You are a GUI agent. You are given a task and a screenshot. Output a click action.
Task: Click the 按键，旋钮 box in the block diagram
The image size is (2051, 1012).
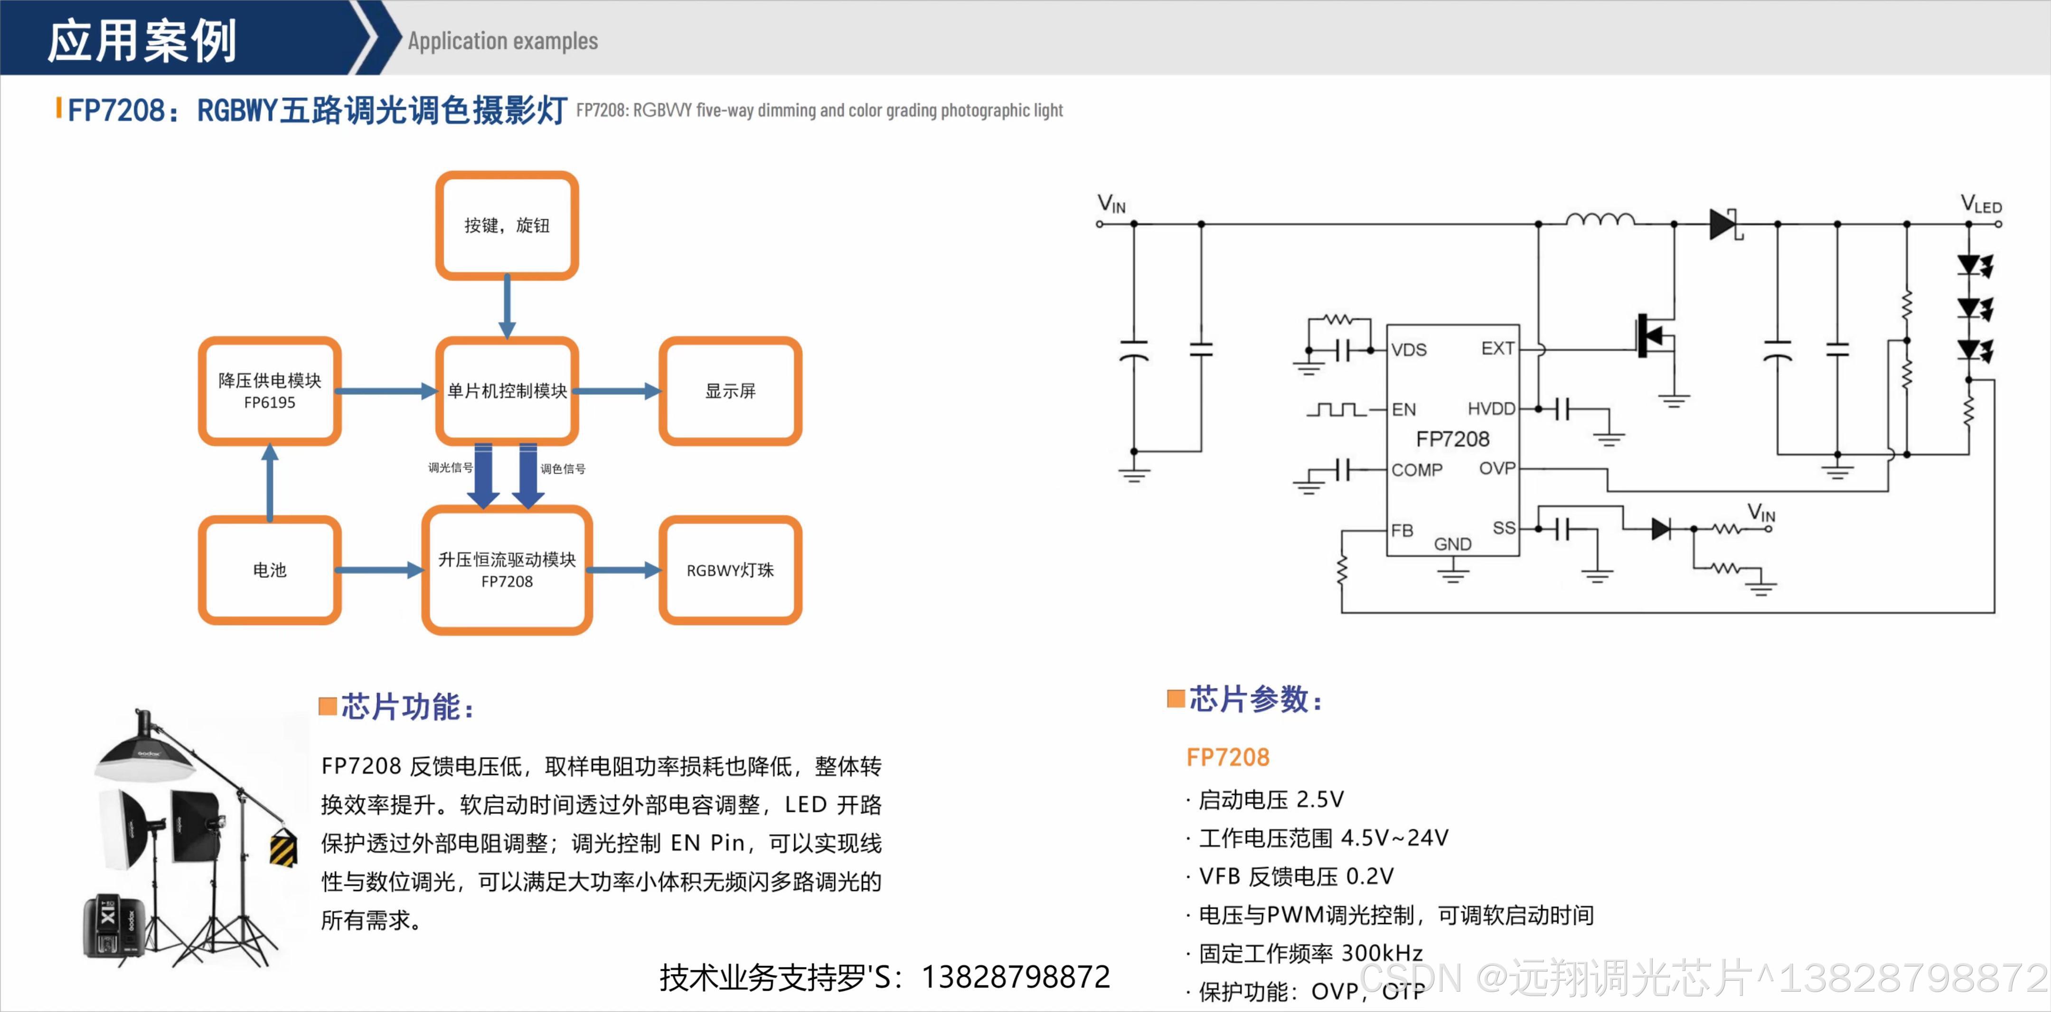pos(507,225)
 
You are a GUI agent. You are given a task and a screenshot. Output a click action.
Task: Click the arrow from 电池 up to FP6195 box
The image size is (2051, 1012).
pos(270,482)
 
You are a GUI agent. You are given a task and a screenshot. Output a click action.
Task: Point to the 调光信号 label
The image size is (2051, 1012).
pos(450,468)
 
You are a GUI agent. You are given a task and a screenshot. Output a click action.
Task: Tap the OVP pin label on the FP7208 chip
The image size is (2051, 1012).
pos(1497,468)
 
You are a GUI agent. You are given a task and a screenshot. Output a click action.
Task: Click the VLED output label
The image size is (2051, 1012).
pos(1980,205)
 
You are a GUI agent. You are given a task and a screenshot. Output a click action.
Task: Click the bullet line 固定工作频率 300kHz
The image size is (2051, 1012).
pos(1310,953)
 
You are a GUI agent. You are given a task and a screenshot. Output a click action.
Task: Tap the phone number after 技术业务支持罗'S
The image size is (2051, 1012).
pos(1015,977)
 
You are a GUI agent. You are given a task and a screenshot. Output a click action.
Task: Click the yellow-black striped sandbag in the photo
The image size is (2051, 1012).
pos(283,847)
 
